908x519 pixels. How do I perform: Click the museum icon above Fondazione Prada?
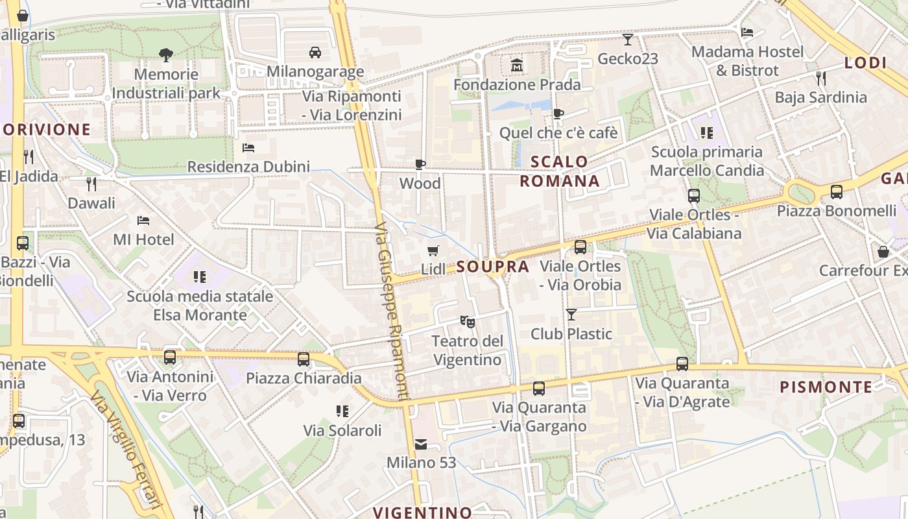click(517, 66)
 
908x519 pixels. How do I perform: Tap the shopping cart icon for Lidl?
click(433, 250)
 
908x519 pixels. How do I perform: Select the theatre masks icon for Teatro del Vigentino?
click(467, 320)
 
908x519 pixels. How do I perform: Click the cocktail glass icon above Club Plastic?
click(571, 315)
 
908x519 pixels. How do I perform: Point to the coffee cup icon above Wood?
click(420, 164)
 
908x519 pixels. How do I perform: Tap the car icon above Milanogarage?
click(315, 52)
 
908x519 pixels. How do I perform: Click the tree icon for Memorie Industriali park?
click(165, 54)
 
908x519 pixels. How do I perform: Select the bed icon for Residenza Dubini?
click(248, 148)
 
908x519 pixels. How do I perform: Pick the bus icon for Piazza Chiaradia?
click(303, 359)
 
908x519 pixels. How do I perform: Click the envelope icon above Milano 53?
click(421, 444)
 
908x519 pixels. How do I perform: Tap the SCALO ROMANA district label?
click(560, 171)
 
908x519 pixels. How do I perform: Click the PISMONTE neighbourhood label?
click(826, 387)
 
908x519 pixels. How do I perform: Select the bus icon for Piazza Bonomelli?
click(837, 191)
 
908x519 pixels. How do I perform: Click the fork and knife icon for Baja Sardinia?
click(821, 78)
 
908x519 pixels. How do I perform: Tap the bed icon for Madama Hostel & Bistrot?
click(747, 32)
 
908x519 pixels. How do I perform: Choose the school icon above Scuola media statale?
click(200, 277)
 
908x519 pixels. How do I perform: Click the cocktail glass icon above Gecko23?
click(627, 40)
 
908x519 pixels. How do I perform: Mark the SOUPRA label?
click(492, 267)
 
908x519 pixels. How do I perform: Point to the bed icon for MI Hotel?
click(143, 221)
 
